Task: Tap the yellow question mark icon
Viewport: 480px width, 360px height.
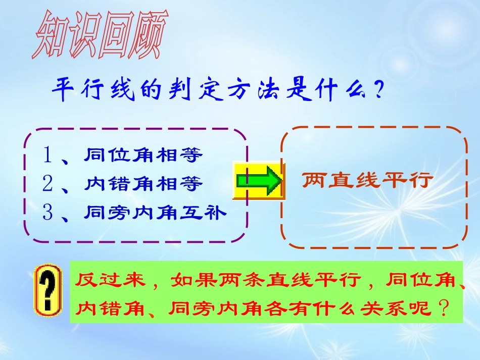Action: coord(47,291)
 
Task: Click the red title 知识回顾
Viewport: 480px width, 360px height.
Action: coord(99,37)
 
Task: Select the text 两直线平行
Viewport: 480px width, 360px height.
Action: coord(367,180)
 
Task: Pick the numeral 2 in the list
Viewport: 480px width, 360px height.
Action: coord(49,184)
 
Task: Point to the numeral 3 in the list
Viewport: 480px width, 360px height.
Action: coord(49,213)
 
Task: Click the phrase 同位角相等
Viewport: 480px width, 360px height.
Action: coord(143,155)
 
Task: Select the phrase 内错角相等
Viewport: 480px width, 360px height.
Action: coord(143,184)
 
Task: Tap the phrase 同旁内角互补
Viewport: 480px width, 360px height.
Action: coord(155,213)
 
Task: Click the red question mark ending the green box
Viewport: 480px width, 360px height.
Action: coord(444,307)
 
